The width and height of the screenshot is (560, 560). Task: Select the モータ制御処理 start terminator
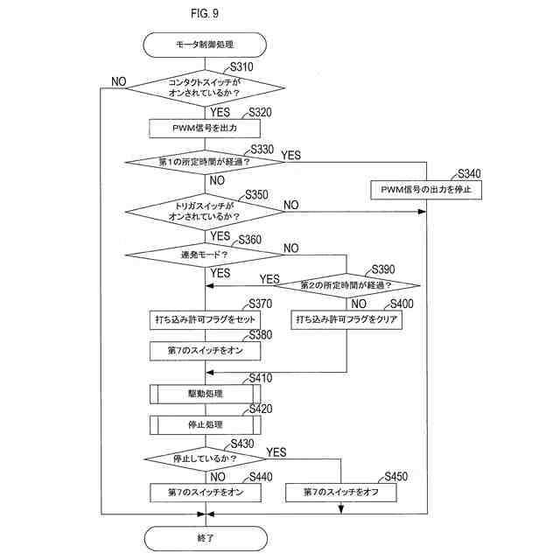(x=205, y=42)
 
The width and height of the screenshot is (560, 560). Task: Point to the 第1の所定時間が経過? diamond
(x=205, y=163)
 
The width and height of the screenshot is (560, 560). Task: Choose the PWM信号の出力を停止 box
(x=425, y=189)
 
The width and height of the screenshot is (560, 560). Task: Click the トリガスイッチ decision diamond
(x=205, y=211)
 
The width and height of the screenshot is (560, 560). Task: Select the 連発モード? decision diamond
(x=205, y=255)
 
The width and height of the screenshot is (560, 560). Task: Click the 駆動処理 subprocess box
(x=205, y=394)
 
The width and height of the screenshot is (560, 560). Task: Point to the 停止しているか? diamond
(x=205, y=458)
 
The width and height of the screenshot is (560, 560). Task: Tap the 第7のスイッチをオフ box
(x=341, y=493)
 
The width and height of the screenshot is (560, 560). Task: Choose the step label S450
(x=396, y=477)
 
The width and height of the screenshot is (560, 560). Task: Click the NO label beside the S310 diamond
(x=119, y=81)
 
